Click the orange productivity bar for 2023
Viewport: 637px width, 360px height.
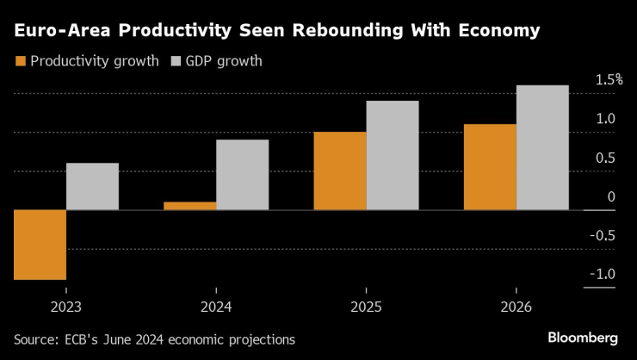click(40, 245)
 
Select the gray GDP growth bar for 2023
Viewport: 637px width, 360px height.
click(92, 186)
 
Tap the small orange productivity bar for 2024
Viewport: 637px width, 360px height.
click(189, 205)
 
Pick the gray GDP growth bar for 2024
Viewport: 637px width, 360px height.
click(242, 174)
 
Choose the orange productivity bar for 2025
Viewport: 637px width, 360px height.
click(339, 171)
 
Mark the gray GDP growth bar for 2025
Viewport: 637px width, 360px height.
click(392, 155)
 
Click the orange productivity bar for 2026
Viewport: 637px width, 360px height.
click(489, 166)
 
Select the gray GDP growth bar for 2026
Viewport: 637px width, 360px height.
click(541, 147)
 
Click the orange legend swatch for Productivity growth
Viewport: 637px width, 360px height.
click(20, 62)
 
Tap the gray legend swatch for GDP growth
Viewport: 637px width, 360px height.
click(177, 62)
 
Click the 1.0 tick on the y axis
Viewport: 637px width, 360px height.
click(605, 119)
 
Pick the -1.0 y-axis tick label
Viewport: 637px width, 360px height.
click(603, 275)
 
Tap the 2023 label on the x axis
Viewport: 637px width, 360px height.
click(65, 307)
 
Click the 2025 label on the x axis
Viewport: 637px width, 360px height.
click(365, 307)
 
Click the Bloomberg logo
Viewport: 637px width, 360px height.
click(583, 336)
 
